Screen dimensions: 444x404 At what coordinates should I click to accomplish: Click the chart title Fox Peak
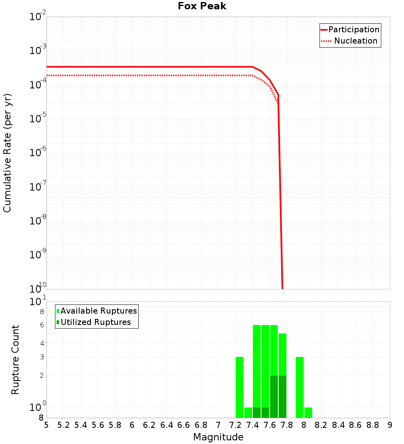pos(202,6)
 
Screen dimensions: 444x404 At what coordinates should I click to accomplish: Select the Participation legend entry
pos(354,29)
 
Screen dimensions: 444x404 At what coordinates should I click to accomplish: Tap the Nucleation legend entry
pos(356,41)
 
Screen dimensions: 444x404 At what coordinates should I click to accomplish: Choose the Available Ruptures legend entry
pos(99,311)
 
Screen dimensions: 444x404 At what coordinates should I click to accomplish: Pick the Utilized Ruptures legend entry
pos(95,322)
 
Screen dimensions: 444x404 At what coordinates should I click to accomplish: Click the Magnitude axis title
pos(218,437)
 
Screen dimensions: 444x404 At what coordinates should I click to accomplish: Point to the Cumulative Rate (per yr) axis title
pos(7,153)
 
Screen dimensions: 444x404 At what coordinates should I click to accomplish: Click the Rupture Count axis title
pos(15,360)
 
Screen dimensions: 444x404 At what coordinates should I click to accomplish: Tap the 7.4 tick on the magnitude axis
pos(253,425)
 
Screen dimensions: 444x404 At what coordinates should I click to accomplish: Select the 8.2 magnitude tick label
pos(321,425)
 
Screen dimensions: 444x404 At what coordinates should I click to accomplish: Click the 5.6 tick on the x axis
pos(98,425)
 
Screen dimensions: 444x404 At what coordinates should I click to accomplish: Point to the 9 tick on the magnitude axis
pos(390,425)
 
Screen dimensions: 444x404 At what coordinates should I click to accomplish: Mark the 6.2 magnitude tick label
pos(149,425)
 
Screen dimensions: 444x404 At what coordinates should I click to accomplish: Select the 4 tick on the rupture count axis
pos(41,343)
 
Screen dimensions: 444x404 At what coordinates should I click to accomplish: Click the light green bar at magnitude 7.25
pos(240,387)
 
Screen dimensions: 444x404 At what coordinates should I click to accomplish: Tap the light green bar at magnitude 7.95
pos(300,387)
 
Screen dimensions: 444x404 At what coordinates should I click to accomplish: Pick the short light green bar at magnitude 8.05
pos(308,413)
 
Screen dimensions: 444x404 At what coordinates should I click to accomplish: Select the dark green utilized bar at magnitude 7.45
pos(257,413)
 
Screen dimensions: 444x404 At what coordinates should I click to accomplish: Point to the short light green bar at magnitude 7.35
pos(248,413)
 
